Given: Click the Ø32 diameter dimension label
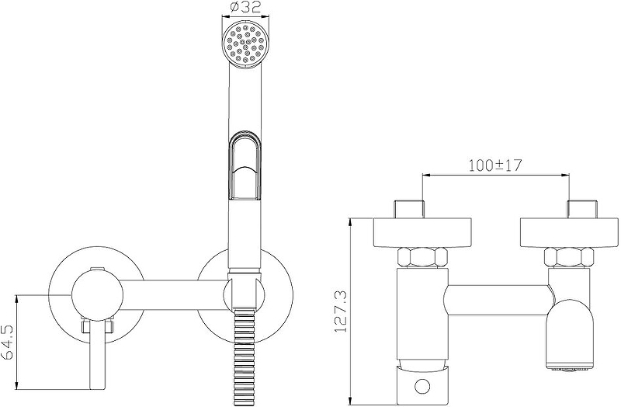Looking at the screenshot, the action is click(245, 7).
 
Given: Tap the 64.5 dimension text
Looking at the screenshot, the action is click(8, 342).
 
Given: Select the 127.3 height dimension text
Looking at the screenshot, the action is click(341, 312).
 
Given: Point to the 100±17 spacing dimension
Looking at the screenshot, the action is click(495, 165).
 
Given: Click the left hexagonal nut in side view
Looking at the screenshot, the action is click(422, 257).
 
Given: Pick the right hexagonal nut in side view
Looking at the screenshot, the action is click(568, 257).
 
